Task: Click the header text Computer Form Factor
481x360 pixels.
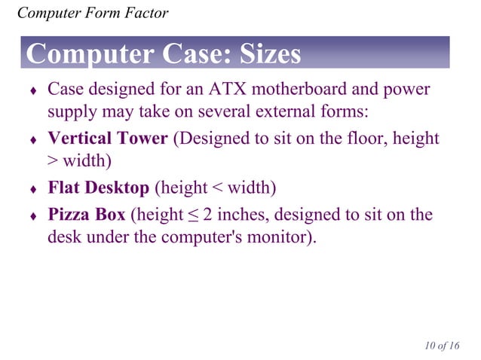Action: coord(92,13)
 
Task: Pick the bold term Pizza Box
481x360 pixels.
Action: coord(87,215)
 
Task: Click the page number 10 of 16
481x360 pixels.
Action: coord(441,346)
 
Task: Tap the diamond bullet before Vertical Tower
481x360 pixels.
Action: coord(32,141)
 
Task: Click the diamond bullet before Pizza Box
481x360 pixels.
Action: coord(32,216)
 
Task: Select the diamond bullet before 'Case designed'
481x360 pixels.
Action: coord(32,92)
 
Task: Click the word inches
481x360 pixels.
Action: coord(236,215)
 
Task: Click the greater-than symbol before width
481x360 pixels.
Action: coord(53,163)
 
